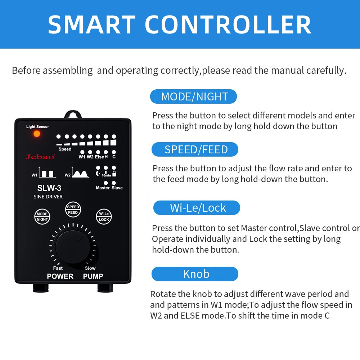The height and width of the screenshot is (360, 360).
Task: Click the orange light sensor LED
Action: coord(37,134)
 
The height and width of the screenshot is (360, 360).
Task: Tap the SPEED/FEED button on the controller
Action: coord(73,210)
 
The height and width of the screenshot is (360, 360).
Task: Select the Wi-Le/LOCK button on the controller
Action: coord(104,216)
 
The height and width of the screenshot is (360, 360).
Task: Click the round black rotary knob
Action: coord(73,247)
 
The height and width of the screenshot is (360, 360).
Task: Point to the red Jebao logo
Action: coord(40,157)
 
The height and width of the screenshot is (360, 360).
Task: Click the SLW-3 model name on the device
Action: coord(49,188)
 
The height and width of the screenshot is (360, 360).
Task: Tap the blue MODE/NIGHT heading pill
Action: coord(193,96)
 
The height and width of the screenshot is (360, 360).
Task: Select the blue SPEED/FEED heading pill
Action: coord(195,149)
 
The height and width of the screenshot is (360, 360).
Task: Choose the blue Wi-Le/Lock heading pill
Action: coord(197,208)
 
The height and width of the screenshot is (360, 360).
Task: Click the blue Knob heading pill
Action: coord(195,274)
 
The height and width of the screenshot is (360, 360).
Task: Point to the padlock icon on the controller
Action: coord(114,174)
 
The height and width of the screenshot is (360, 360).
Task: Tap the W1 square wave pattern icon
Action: coord(47,172)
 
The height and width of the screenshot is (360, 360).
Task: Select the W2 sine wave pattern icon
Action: coord(80,172)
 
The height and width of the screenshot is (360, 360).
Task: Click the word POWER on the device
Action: coord(60,276)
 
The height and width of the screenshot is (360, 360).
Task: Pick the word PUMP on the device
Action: coord(93,276)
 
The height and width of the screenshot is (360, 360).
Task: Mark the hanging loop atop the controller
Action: coord(73,114)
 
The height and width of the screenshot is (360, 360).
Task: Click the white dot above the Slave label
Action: coord(114,183)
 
